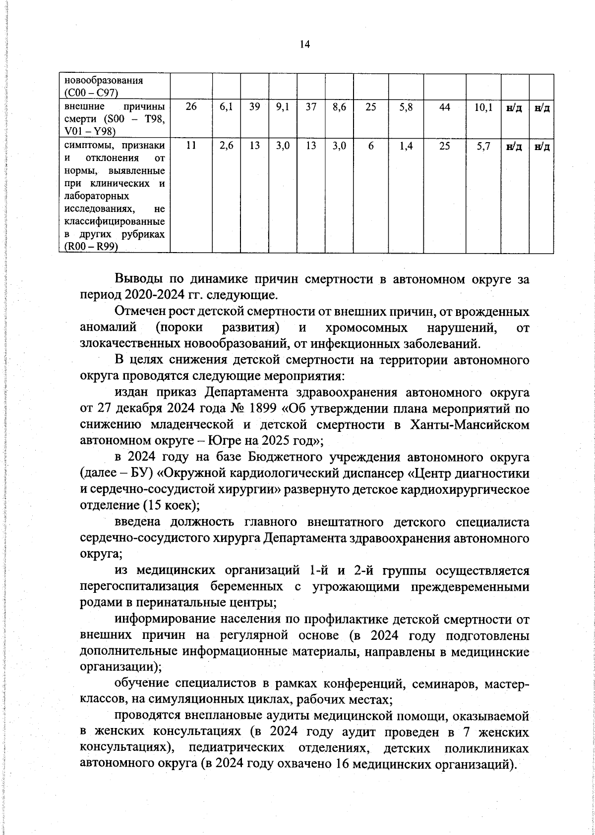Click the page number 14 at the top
click(x=304, y=45)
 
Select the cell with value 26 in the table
click(x=191, y=107)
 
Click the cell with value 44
click(x=445, y=107)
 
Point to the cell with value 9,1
click(x=283, y=107)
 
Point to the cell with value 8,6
click(x=340, y=107)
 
